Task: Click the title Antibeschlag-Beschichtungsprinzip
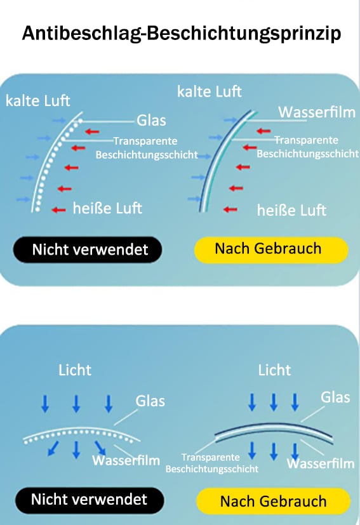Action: (181, 34)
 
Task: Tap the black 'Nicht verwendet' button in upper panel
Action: (88, 249)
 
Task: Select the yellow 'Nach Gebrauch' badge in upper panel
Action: (271, 249)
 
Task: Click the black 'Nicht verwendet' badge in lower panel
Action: (90, 500)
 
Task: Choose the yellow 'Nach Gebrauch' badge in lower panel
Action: (273, 502)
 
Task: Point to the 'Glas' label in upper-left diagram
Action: (151, 121)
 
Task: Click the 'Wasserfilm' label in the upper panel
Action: (317, 112)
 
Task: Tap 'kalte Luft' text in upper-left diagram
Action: (38, 100)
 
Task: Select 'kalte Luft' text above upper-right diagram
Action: (210, 91)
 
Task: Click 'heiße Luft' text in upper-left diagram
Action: (107, 208)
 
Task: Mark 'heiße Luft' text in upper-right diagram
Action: (291, 210)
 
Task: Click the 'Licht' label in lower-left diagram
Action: (75, 370)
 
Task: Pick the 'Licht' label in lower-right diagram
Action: (274, 370)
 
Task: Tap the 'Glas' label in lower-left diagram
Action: (150, 401)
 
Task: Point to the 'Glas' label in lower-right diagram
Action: (335, 397)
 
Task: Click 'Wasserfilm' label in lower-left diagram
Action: (126, 460)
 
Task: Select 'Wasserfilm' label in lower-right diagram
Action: (321, 463)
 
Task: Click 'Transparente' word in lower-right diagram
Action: (211, 457)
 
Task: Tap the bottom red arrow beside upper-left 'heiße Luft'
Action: (58, 210)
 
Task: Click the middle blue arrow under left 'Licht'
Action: (76, 404)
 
